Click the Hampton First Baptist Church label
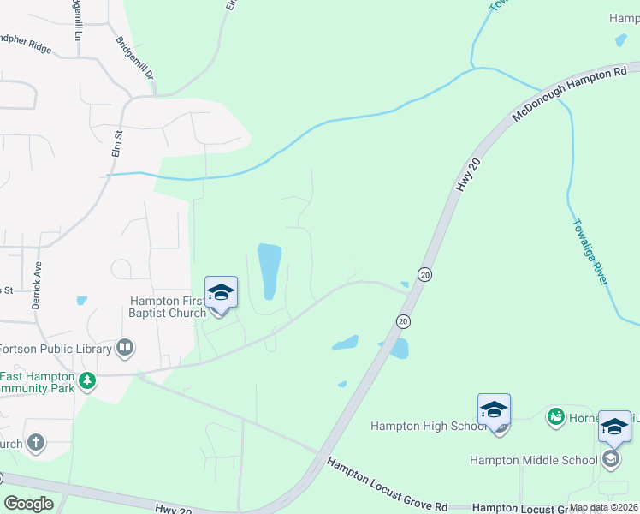pos(168,307)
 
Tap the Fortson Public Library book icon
pos(125,348)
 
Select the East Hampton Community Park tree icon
pos(86,380)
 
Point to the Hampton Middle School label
pos(533,460)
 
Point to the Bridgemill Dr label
pos(134,58)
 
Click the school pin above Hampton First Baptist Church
pos(221,294)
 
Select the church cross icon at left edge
pos(35,443)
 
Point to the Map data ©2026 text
pos(603,507)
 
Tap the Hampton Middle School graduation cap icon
pos(610,460)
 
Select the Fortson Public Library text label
pos(56,349)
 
